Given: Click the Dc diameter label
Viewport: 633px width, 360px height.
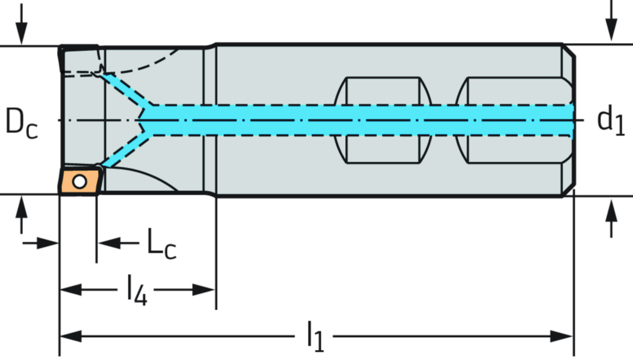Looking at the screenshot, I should pos(21,121).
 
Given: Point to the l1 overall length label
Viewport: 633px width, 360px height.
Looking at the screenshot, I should pos(316,336).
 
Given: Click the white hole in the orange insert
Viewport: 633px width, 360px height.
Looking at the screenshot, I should pos(79,181).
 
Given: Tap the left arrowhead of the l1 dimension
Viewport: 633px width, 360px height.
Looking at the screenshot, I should pos(69,336).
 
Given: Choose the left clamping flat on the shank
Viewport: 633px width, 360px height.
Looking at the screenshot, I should pos(383,120).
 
